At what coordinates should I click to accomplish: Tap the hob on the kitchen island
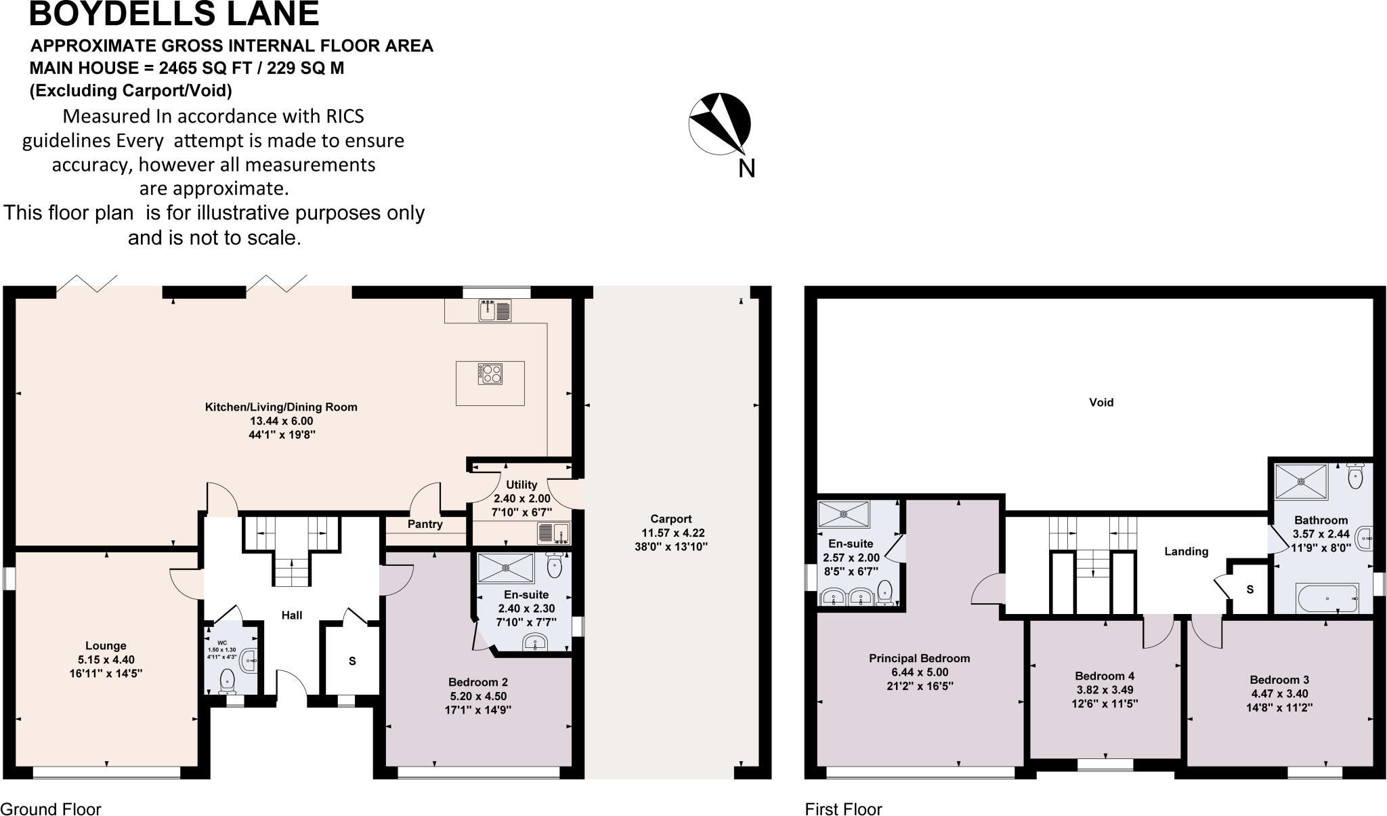tap(491, 374)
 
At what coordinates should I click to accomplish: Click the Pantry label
tap(425, 524)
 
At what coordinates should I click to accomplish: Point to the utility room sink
tap(554, 533)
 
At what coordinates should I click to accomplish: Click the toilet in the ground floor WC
tap(228, 680)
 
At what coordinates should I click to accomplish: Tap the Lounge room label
tap(106, 645)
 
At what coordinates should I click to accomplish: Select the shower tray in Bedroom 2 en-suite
tap(506, 568)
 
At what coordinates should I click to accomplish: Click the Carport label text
tap(670, 519)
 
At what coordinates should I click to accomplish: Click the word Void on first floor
tap(1101, 402)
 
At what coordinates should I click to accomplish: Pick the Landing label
tap(1186, 551)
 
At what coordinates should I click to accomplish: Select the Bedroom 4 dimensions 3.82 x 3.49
tap(1105, 690)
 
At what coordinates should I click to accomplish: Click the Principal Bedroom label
tap(919, 658)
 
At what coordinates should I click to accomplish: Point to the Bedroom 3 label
tap(1279, 679)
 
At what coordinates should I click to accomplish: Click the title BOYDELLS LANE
tap(174, 14)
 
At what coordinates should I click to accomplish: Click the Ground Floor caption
tap(51, 809)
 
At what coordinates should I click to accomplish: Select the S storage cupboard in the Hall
tap(352, 661)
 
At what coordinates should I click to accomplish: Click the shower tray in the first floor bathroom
tap(1301, 482)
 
